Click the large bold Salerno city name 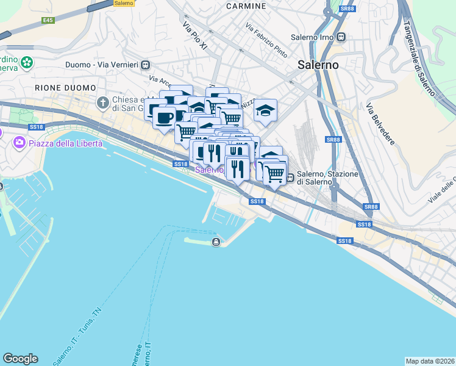pos(318,64)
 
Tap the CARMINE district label pos(246,6)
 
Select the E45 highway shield pos(48,20)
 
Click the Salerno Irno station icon pos(341,37)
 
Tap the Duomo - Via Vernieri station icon pos(145,65)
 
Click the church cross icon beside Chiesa pos(103,101)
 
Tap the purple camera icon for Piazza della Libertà pos(20,143)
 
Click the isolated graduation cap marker pos(265,110)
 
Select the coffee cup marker pos(163,117)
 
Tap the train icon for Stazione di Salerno pos(291,178)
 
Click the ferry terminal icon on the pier pos(216,243)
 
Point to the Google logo pos(20,359)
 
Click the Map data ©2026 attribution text pos(430,361)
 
